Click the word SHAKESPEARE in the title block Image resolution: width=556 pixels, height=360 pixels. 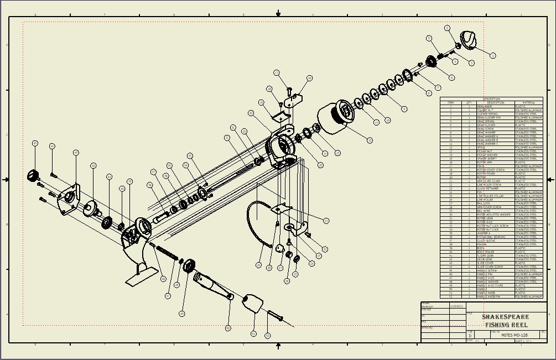click(505, 317)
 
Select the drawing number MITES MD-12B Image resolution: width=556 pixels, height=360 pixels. click(514, 335)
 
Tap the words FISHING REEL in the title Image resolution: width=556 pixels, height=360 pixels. click(506, 325)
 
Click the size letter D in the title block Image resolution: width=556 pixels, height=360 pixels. click(470, 336)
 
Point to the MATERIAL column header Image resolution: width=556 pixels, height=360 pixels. click(528, 102)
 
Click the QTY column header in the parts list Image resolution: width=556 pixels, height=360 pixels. click(469, 102)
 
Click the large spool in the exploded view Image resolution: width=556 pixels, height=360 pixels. click(338, 116)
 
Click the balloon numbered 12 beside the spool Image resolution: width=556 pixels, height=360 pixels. click(370, 140)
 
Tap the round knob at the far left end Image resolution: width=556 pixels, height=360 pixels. click(33, 176)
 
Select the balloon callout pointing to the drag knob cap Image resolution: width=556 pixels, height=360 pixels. click(492, 55)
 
